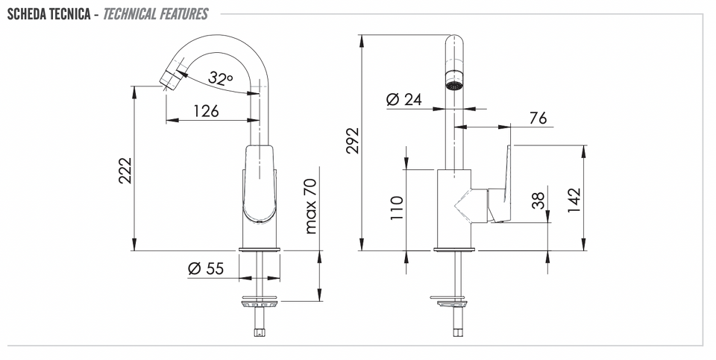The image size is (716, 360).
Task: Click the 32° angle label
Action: [220, 78]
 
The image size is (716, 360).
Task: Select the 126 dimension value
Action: [207, 111]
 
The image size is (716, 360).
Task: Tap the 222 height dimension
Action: [125, 170]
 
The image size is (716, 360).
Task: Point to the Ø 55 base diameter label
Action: [206, 269]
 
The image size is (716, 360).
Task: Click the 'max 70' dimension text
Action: [310, 206]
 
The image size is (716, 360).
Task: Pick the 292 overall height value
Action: [353, 141]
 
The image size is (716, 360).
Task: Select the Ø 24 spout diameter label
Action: [404, 99]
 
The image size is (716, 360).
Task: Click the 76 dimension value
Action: [538, 119]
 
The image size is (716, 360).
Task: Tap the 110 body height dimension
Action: [398, 208]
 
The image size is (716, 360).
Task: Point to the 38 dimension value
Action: [539, 200]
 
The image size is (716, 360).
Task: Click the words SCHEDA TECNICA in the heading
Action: [49, 14]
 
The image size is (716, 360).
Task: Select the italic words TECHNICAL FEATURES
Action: [155, 14]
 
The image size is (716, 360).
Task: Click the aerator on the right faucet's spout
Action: [454, 80]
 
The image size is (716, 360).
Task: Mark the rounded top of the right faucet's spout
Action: [454, 40]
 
